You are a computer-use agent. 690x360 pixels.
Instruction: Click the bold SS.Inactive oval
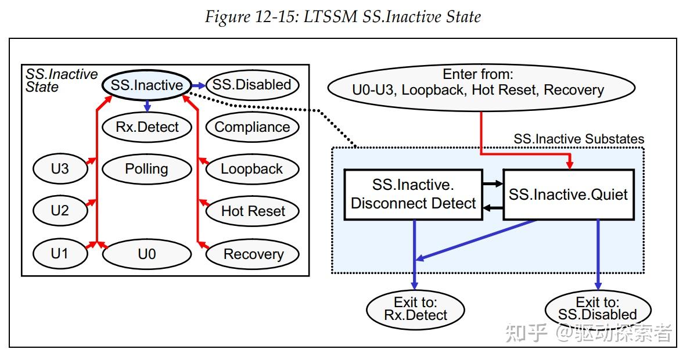pos(146,85)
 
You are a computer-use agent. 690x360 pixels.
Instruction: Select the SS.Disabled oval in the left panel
pos(251,85)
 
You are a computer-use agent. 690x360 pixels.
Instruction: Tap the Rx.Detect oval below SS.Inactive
pos(147,127)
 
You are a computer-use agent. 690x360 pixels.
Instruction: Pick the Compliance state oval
pos(252,127)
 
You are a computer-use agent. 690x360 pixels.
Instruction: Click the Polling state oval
pos(146,169)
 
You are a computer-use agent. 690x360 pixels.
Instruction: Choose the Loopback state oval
pos(252,169)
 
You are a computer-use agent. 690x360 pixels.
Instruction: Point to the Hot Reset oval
pos(253,211)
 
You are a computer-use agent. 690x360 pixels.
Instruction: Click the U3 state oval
pos(60,169)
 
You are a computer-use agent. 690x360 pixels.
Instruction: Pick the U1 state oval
pos(60,254)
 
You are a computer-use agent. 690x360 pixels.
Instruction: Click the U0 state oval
pos(147,254)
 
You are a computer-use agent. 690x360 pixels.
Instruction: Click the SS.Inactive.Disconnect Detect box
pos(413,195)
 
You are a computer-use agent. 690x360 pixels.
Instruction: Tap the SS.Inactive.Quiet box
pos(568,195)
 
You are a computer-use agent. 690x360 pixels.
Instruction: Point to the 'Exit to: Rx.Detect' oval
pos(415,309)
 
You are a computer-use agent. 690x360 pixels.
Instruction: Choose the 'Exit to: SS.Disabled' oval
pos(598,309)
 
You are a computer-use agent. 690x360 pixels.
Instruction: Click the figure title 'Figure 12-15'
pos(343,17)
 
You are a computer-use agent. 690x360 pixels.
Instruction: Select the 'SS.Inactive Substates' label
pos(578,139)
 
